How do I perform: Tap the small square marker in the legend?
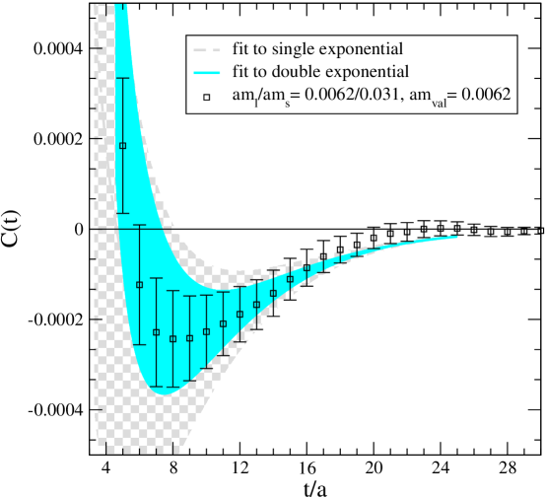[x=207, y=97]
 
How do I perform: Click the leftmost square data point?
[x=122, y=146]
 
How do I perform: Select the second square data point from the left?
[x=139, y=285]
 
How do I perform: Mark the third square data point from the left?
[x=156, y=332]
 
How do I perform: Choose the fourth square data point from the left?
[x=172, y=339]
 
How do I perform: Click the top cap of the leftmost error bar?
[x=122, y=77]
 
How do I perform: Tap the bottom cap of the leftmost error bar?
[x=122, y=213]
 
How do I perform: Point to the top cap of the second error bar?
[x=139, y=226]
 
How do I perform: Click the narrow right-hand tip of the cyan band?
[x=454, y=237]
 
